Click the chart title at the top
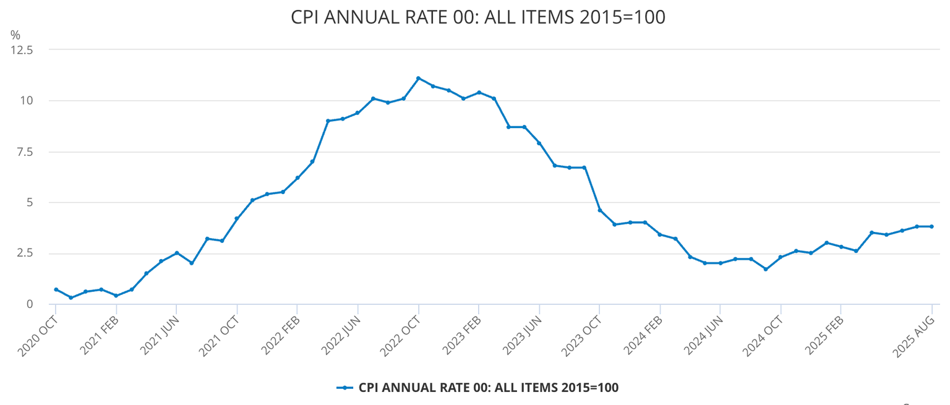pyautogui.click(x=477, y=17)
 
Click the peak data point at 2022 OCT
pyautogui.click(x=418, y=78)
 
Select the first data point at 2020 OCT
pyautogui.click(x=56, y=289)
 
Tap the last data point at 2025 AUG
pyautogui.click(x=931, y=226)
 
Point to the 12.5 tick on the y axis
pyautogui.click(x=22, y=49)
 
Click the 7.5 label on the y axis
pyautogui.click(x=25, y=151)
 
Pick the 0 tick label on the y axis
pyautogui.click(x=29, y=304)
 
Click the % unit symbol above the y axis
pyautogui.click(x=15, y=36)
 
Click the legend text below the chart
pyautogui.click(x=489, y=388)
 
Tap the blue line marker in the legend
pyautogui.click(x=344, y=388)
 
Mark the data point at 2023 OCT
pyautogui.click(x=599, y=210)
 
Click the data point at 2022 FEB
pyautogui.click(x=297, y=177)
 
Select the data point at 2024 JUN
pyautogui.click(x=720, y=263)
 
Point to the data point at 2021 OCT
pyautogui.click(x=237, y=218)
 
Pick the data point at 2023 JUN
pyautogui.click(x=539, y=143)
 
